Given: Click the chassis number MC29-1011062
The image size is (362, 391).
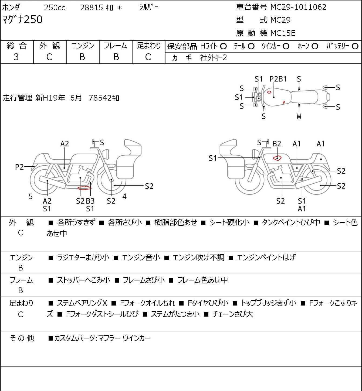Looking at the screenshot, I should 298,7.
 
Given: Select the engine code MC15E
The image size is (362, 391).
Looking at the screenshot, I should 283,33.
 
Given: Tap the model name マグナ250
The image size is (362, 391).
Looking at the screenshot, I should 22,20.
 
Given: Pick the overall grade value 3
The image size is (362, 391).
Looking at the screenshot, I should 16,57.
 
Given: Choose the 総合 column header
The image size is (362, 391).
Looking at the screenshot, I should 17,46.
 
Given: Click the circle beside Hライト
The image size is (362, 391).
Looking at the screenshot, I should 223,46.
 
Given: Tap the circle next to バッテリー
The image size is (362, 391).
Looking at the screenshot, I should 355,46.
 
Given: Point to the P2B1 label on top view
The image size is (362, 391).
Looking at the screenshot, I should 278,79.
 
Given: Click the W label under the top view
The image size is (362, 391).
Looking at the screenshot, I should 299,116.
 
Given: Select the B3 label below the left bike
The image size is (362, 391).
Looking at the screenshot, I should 90,201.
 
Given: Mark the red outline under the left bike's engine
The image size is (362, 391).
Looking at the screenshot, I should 84,188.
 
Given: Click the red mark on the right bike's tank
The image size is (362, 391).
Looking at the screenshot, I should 277,158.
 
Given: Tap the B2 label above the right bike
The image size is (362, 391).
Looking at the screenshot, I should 277,144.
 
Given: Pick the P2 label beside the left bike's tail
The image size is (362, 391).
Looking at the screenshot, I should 19,167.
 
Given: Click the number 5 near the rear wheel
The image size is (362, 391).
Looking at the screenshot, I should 31,197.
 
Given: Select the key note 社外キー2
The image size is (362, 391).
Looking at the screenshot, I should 214,57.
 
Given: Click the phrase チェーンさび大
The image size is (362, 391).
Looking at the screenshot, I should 232,314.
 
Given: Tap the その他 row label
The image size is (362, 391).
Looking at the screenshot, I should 22,338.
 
